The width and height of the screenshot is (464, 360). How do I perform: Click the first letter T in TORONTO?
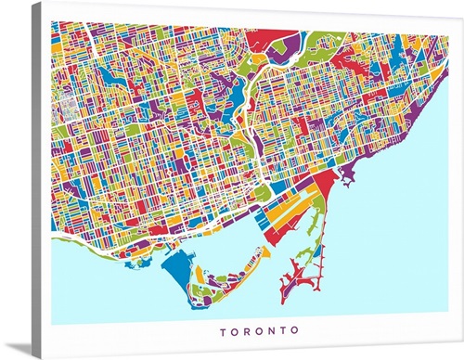point(223,330)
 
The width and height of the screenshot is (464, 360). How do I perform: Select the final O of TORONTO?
point(295,330)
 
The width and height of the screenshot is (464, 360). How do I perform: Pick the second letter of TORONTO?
point(235,330)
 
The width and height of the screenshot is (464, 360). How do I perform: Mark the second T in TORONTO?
point(283,330)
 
